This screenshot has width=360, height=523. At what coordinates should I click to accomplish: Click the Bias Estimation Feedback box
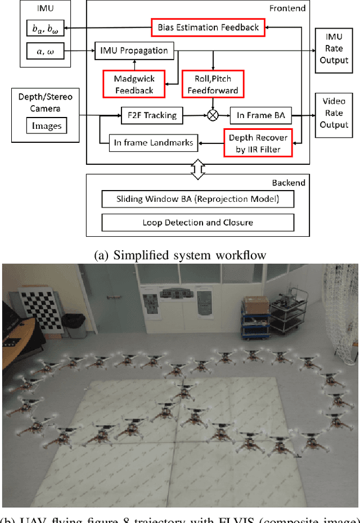[208, 26]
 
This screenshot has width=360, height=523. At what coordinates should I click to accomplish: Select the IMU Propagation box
[134, 51]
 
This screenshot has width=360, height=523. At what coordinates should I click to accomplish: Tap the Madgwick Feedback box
[134, 83]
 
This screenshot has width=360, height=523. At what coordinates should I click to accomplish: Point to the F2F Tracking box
[148, 116]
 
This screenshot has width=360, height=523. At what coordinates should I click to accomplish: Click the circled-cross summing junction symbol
[213, 116]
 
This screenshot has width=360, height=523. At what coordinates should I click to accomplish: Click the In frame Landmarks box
[153, 143]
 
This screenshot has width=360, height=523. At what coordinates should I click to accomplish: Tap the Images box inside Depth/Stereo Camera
[46, 125]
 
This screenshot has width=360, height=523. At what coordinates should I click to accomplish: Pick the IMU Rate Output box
[334, 51]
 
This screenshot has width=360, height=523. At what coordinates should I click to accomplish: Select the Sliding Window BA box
[197, 199]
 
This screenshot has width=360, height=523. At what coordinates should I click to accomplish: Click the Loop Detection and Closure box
[197, 223]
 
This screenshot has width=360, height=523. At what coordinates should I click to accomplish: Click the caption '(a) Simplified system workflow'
[180, 254]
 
